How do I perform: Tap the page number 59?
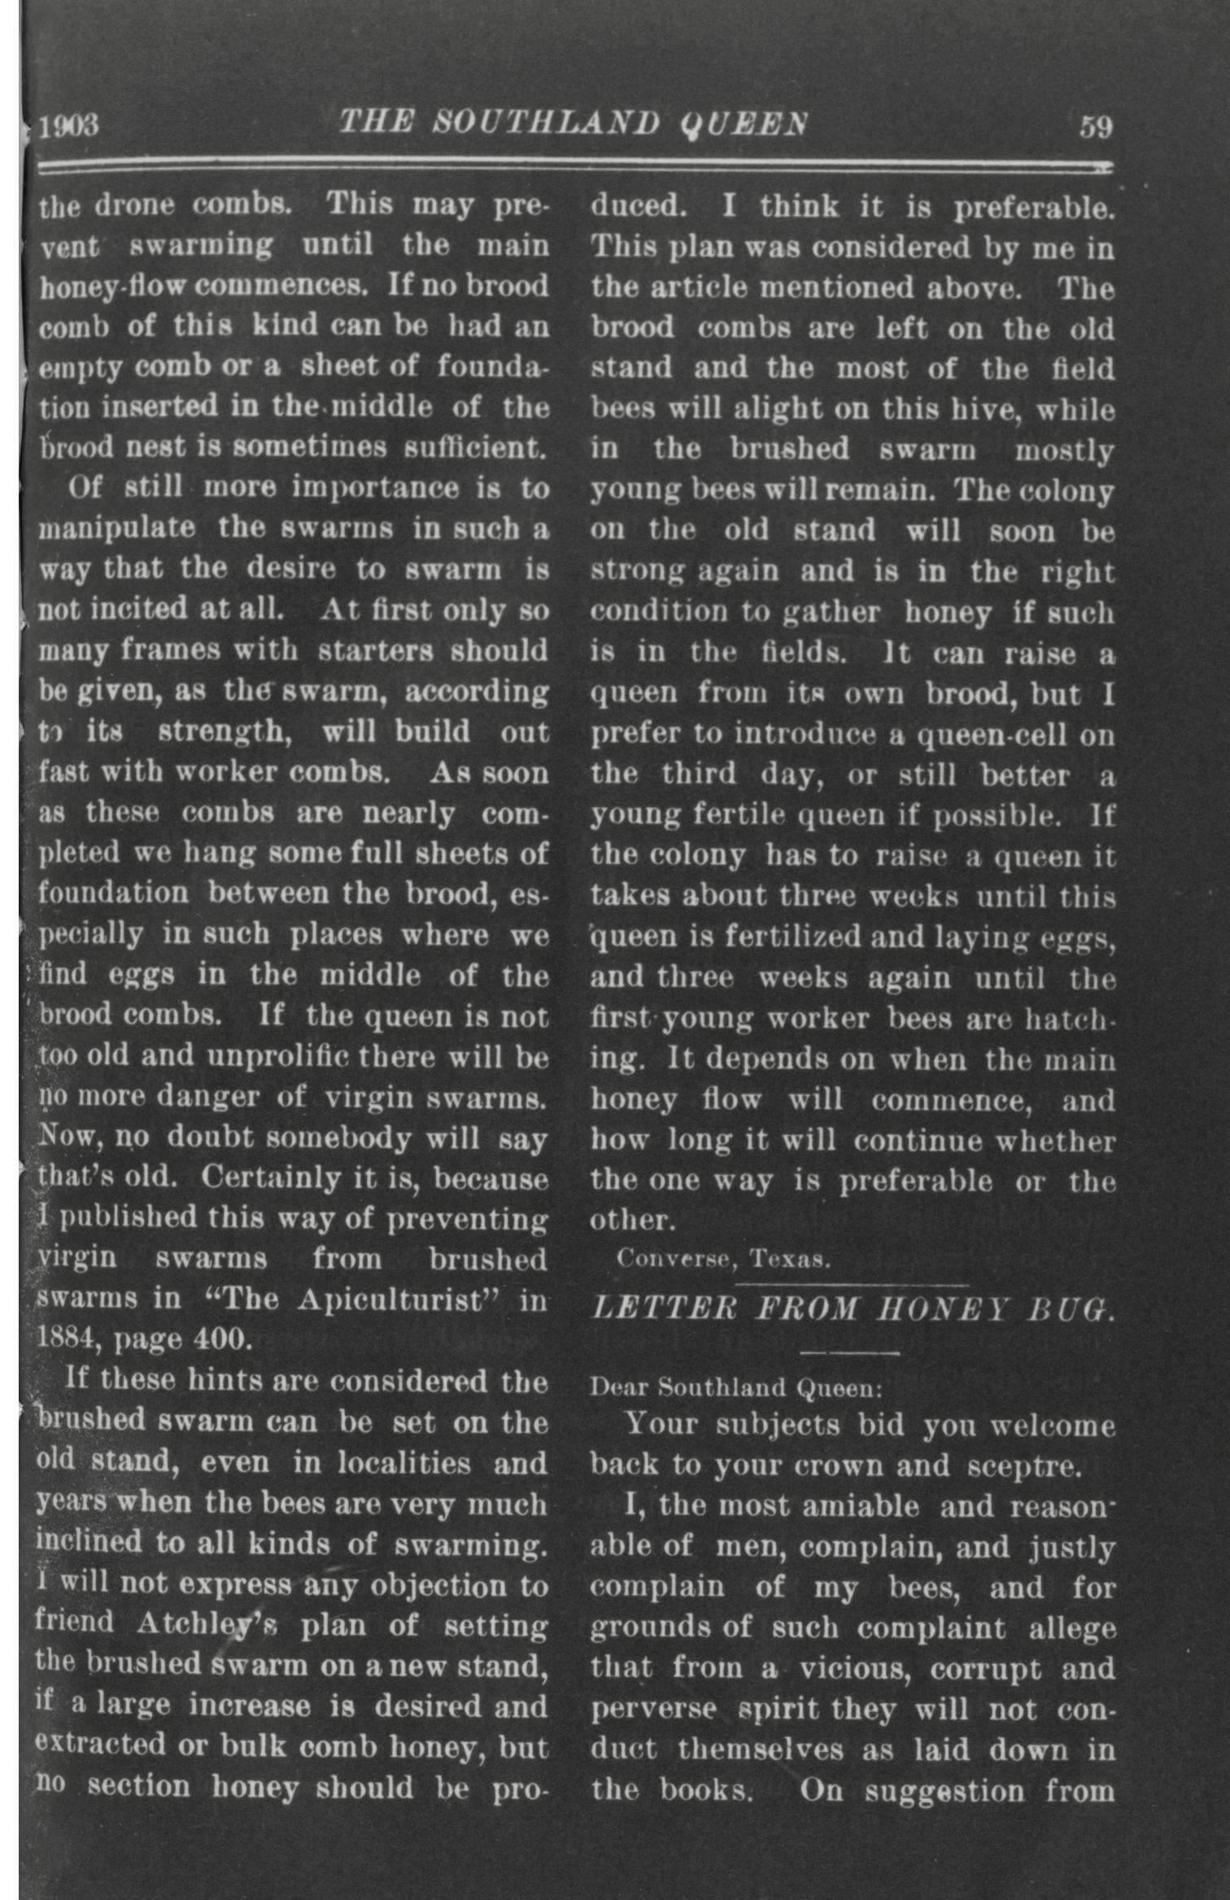(x=1095, y=127)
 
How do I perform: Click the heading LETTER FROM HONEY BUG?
(x=851, y=1309)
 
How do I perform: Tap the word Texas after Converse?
(x=789, y=1260)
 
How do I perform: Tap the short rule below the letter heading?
(x=850, y=1353)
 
